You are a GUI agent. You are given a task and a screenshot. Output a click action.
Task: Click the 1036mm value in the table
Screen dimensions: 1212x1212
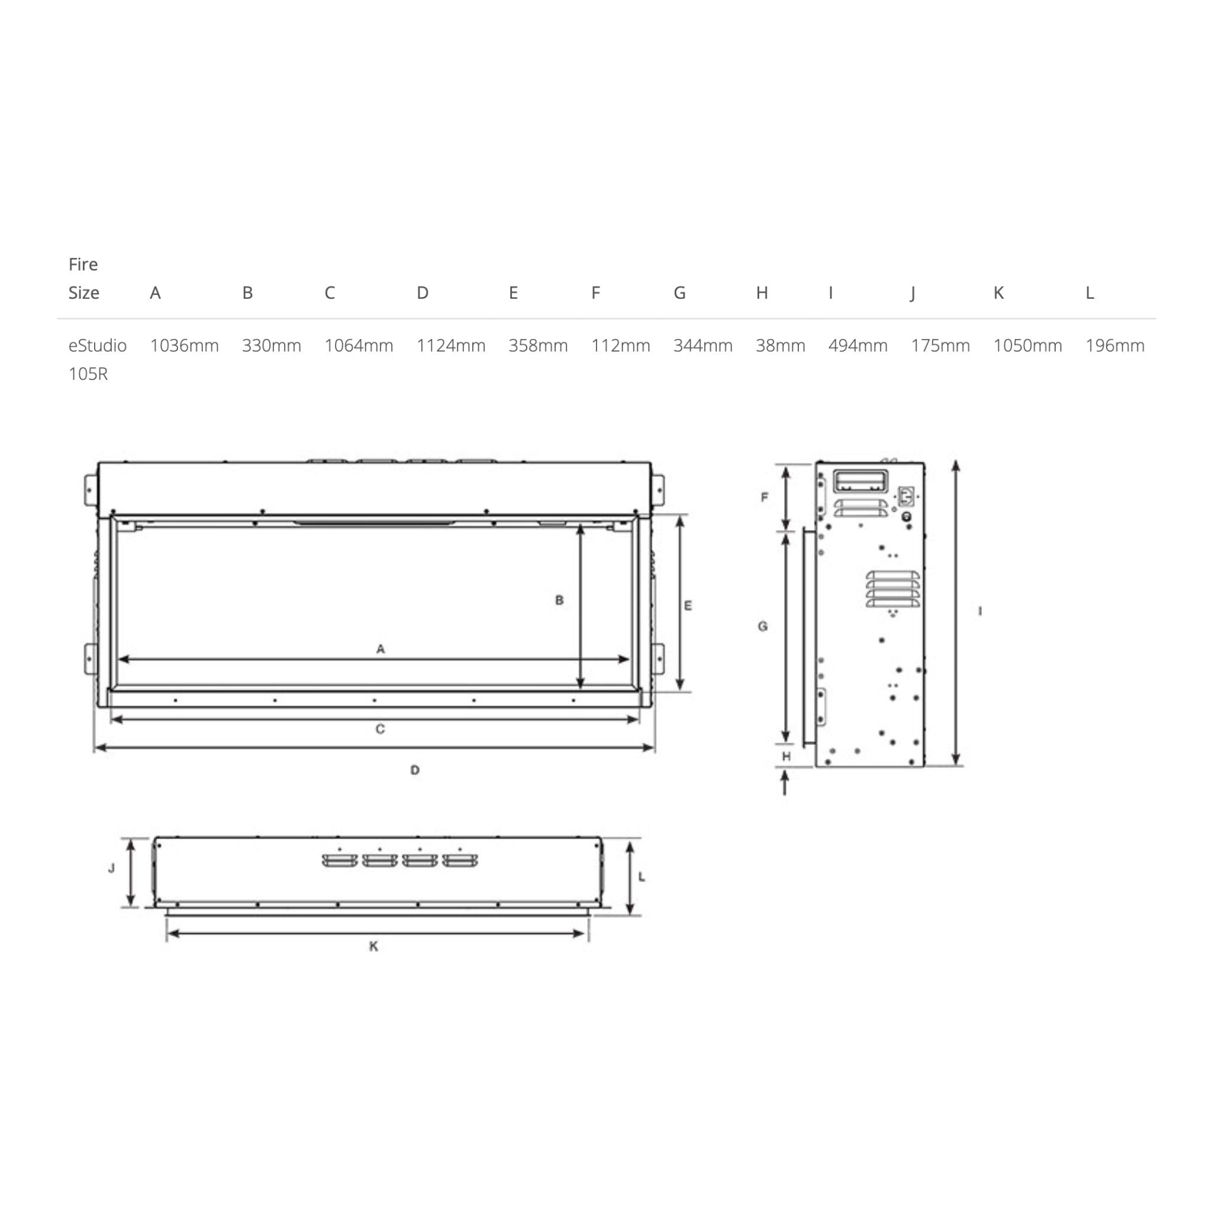tap(185, 346)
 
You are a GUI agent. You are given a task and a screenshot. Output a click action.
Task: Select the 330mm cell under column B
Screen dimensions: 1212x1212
tap(272, 346)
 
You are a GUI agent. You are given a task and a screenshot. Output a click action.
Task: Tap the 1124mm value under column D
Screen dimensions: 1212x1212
tap(451, 346)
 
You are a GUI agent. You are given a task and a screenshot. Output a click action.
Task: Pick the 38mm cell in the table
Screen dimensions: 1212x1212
tap(781, 346)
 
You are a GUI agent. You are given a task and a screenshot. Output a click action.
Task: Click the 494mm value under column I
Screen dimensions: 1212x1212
tap(858, 346)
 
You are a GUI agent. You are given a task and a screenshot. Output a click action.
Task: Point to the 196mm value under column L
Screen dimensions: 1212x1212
tap(1115, 346)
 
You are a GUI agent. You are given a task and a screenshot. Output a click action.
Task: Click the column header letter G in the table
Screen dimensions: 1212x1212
tap(679, 293)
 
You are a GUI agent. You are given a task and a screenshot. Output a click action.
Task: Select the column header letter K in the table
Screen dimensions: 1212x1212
tap(999, 293)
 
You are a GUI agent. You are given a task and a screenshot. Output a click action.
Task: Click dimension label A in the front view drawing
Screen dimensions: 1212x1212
tap(381, 649)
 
